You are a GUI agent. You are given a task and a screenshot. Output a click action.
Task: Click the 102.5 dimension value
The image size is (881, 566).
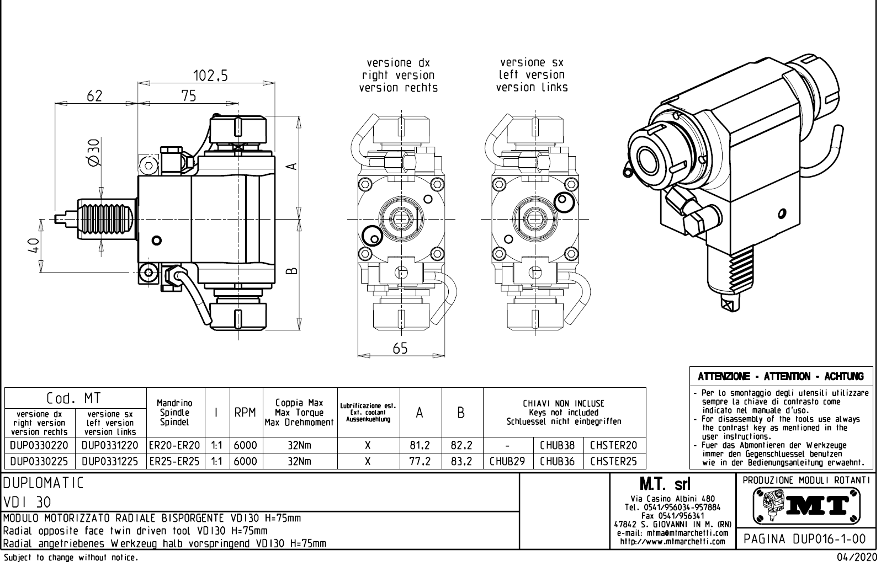[x=210, y=76]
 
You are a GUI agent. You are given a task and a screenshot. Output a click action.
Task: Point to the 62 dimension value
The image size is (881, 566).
[x=94, y=96]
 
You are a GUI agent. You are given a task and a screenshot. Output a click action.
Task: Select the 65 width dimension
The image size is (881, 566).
[x=400, y=349]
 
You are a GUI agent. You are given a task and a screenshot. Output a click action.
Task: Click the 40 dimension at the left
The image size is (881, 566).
[x=34, y=245]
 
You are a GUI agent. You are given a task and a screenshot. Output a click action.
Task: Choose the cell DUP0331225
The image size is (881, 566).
[x=110, y=461]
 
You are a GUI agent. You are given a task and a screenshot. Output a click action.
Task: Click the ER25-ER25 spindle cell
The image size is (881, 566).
[x=174, y=461]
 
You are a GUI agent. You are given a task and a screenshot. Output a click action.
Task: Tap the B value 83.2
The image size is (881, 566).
[x=461, y=461]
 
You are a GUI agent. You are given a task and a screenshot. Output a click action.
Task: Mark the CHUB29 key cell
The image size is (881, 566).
[x=507, y=461]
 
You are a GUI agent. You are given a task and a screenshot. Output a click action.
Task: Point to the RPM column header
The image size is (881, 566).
[x=245, y=413]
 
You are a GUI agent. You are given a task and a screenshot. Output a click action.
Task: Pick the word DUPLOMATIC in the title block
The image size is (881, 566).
[x=43, y=484]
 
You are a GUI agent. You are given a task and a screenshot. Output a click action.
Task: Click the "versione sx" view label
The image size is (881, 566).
[x=531, y=62]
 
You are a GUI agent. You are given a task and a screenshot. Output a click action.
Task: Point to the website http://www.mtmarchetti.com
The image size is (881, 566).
[x=672, y=542]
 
